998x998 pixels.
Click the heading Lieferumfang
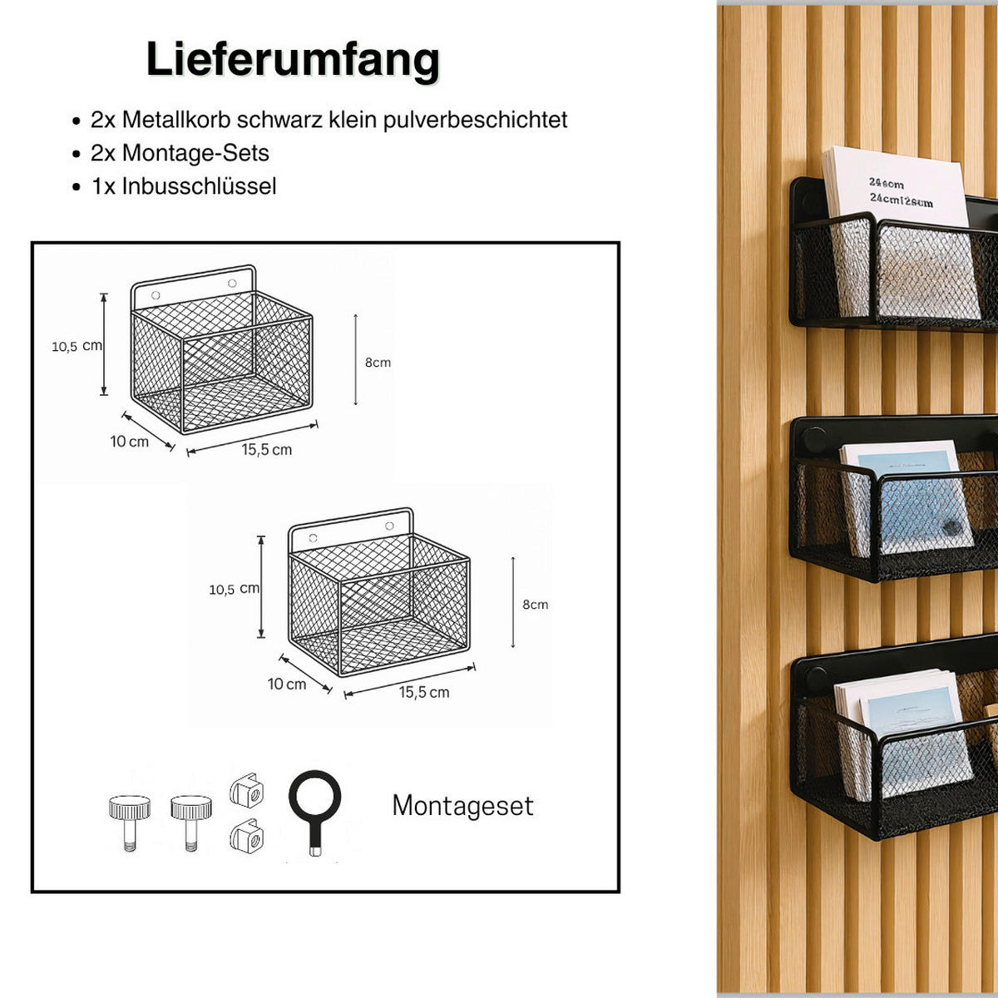coord(293,60)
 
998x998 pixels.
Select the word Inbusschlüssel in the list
coord(199,186)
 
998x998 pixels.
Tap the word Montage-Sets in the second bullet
coord(195,153)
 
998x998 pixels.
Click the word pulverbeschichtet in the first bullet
coord(475,120)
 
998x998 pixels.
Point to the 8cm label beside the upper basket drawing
coord(377,363)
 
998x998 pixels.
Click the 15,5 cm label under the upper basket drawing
coord(266,450)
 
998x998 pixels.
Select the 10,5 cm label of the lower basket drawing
coord(234,589)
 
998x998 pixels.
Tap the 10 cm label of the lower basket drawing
coord(286,684)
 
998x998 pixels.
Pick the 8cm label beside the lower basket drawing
coord(535,605)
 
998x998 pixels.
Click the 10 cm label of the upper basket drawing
coord(129,442)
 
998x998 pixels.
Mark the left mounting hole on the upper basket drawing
coord(155,294)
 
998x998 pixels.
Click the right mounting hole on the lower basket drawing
coord(389,526)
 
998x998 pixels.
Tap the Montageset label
coord(462,806)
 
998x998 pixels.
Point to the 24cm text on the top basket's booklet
coord(887,183)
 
